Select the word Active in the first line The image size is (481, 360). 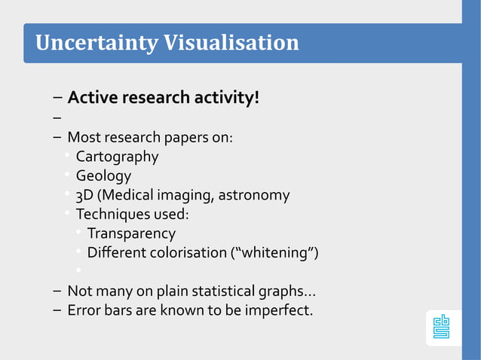coord(90,98)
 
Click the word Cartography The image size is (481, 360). coord(117,157)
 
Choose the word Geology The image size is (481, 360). coord(103,176)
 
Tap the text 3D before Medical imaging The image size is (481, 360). coord(84,195)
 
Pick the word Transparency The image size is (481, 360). coord(131,233)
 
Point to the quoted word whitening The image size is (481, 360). coord(274,252)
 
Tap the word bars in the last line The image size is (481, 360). coord(118,310)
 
